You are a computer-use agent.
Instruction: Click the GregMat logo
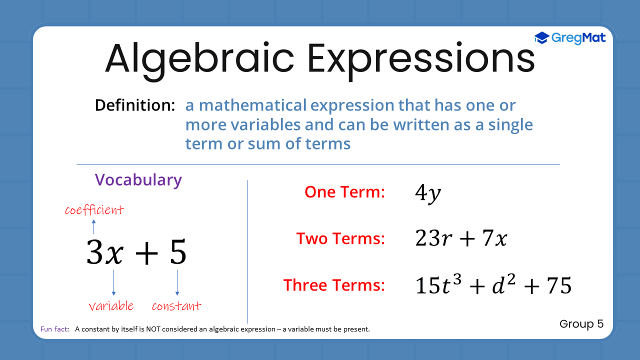coord(570,38)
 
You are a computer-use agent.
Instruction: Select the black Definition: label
coord(135,105)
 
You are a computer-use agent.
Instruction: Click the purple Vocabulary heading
coord(138,180)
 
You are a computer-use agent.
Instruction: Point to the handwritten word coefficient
coord(94,210)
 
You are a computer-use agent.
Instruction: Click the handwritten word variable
coord(111,306)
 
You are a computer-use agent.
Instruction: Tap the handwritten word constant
coord(176,306)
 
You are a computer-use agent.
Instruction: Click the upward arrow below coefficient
coord(93,226)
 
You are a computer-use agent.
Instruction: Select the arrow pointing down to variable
coord(113,282)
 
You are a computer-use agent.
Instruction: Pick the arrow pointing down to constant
coord(177,282)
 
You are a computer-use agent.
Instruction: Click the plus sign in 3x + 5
coord(146,252)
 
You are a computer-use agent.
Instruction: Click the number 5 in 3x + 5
coord(178,252)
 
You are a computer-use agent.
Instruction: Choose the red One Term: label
coord(345,192)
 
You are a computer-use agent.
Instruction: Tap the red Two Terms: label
coord(340,238)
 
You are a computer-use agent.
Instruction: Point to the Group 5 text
coord(581,324)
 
